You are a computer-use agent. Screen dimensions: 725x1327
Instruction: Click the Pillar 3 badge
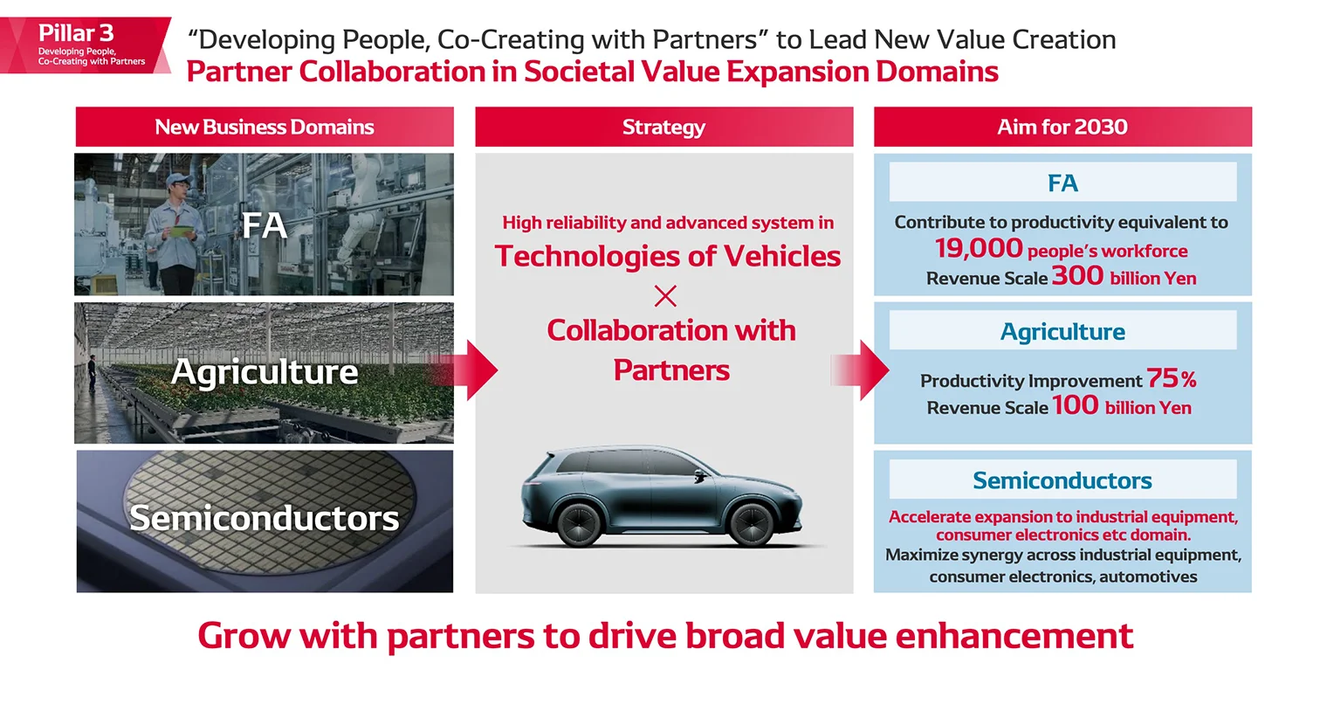click(86, 45)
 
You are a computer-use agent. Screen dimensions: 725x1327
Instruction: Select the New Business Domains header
click(265, 127)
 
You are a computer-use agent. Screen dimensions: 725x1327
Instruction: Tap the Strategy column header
click(663, 127)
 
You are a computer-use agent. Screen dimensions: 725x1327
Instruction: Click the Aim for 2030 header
click(1062, 127)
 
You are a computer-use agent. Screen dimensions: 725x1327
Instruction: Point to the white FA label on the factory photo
click(264, 226)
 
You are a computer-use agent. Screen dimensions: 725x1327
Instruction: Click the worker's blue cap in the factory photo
click(178, 179)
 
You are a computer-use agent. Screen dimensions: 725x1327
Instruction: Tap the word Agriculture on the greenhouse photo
click(265, 372)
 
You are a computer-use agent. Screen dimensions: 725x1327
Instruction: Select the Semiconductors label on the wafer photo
click(265, 518)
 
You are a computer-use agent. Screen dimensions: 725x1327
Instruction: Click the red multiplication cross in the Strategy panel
click(665, 296)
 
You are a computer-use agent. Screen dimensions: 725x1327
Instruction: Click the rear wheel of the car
click(579, 524)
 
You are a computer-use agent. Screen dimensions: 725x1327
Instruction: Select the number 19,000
click(979, 248)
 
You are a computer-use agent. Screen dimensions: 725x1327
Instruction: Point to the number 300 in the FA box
click(1077, 276)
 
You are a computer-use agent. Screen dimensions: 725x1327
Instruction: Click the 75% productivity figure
click(1171, 378)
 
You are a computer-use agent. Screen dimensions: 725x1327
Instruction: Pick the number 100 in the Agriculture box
click(1075, 405)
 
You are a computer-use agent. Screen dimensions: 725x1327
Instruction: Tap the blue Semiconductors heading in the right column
click(1062, 480)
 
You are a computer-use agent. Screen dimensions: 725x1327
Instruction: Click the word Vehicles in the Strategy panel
click(782, 256)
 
